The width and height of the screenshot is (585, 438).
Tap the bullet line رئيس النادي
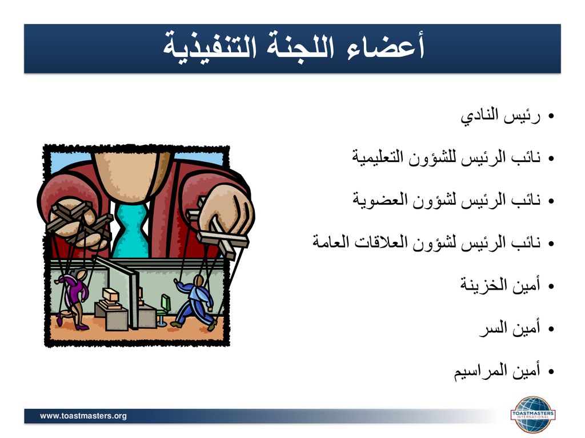point(500,116)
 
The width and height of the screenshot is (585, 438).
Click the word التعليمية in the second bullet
point(378,157)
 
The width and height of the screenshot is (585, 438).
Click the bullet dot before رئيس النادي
point(551,116)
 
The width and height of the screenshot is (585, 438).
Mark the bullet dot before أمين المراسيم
point(551,371)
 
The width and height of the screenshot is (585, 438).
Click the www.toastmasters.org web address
point(83,416)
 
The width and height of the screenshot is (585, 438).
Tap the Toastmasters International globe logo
point(533,415)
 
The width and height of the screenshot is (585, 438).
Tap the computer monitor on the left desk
point(111,296)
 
